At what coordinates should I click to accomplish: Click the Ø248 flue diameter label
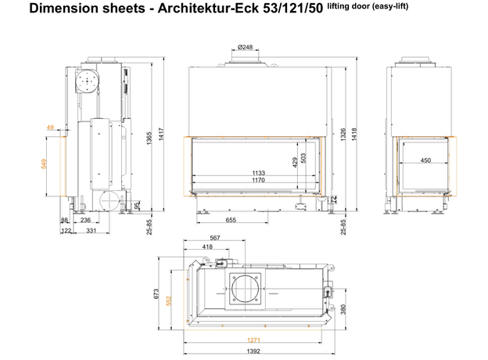coord(245,47)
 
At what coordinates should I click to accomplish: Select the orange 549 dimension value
coord(44,164)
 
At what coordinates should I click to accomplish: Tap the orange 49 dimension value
coord(50,127)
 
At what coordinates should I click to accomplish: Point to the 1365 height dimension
coord(149,139)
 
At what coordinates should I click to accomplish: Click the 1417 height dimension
coord(161,135)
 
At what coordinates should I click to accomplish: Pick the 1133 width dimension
coord(258,173)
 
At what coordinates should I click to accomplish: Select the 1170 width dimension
coord(258,180)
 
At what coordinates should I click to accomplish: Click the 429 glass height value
coord(296,162)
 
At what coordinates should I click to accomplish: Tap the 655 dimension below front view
coord(231,220)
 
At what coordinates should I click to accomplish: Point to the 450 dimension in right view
coord(425,160)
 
